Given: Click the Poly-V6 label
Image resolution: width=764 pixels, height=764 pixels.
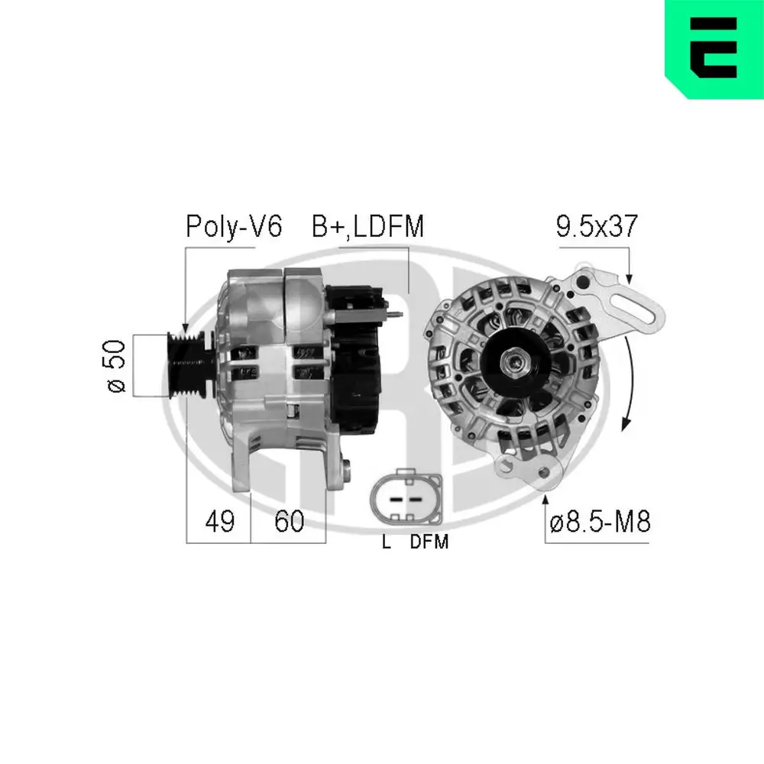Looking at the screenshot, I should tap(234, 227).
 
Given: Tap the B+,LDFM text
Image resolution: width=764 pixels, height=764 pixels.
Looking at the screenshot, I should tap(367, 227).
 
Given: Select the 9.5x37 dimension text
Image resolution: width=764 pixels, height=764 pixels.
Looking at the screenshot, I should tap(596, 227).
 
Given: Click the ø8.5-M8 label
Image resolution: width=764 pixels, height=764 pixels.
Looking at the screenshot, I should tap(601, 523).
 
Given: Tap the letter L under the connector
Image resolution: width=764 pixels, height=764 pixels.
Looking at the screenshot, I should tap(387, 543).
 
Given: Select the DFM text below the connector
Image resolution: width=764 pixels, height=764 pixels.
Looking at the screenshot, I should tap(429, 543).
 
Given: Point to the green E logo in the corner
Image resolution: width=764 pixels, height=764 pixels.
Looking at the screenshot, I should tap(714, 49).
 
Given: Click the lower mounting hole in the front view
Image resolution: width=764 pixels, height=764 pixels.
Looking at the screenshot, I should tap(544, 475).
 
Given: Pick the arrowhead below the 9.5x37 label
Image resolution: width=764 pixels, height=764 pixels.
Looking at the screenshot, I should tap(629, 278).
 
